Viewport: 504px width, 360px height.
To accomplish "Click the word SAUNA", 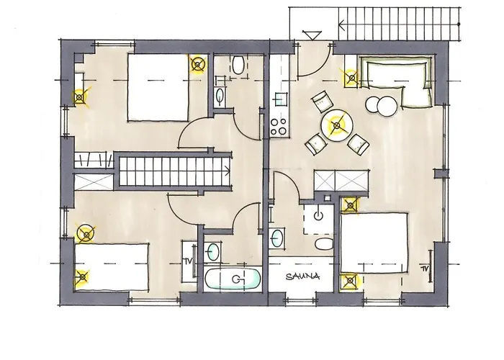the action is pyautogui.click(x=302, y=276).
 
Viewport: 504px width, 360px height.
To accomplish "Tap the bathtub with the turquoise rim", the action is pyautogui.click(x=233, y=279).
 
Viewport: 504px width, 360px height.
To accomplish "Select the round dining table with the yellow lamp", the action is pyautogui.click(x=337, y=125).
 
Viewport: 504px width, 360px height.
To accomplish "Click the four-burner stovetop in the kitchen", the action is pyautogui.click(x=279, y=127).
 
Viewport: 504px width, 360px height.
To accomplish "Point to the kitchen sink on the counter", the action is pyautogui.click(x=280, y=99).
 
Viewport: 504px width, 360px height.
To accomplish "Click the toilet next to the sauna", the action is pyautogui.click(x=324, y=244).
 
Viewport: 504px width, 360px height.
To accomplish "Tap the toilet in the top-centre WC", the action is pyautogui.click(x=238, y=66).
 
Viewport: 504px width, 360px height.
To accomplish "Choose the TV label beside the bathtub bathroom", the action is pyautogui.click(x=188, y=261).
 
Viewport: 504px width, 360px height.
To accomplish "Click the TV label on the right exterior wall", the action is pyautogui.click(x=425, y=269).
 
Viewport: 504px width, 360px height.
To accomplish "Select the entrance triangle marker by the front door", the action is pyautogui.click(x=312, y=35).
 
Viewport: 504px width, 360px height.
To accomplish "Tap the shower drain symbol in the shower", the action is pyautogui.click(x=318, y=215).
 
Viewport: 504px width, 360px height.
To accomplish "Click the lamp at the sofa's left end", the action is pyautogui.click(x=352, y=78).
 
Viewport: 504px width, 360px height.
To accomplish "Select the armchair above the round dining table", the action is pyautogui.click(x=323, y=102).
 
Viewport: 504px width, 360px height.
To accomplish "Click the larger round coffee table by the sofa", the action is pyautogui.click(x=387, y=106).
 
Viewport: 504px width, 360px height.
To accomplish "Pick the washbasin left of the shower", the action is pyautogui.click(x=277, y=238).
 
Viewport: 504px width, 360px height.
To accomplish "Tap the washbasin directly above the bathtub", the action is pyautogui.click(x=212, y=251).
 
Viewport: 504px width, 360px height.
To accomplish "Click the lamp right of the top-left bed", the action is pyautogui.click(x=197, y=65).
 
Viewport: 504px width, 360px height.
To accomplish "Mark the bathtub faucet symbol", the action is pyautogui.click(x=237, y=279).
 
